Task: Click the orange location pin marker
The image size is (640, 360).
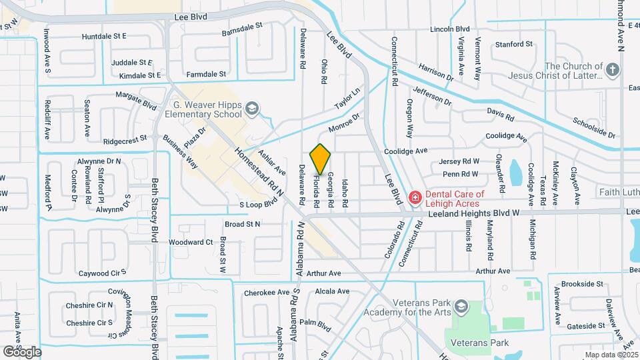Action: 321,159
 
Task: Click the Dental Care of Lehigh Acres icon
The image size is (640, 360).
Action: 414,197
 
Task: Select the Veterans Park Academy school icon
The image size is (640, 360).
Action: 460,307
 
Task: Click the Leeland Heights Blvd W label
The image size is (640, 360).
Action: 525,213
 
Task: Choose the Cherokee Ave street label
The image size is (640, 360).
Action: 267,292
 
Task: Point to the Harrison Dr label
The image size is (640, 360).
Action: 437,73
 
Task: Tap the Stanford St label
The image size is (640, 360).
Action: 514,45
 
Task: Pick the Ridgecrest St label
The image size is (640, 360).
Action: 127,141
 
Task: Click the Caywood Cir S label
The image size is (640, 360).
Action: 103,273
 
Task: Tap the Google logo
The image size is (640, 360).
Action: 22,351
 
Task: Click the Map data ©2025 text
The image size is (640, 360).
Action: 611,355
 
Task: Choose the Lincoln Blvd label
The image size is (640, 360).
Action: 450,29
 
